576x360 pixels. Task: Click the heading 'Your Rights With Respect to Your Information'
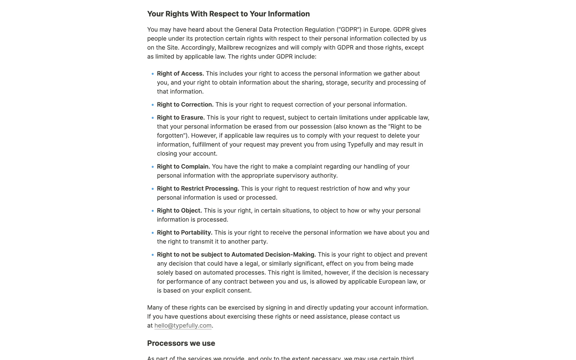click(x=228, y=14)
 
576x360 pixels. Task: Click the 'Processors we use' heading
click(x=181, y=343)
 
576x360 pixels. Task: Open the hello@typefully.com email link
click(x=183, y=326)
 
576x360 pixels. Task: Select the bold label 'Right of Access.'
click(x=180, y=74)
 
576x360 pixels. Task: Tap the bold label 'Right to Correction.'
click(x=185, y=105)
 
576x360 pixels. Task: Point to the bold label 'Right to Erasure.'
click(x=181, y=118)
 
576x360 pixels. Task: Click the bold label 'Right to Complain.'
click(x=183, y=167)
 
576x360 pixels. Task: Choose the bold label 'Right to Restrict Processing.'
click(x=198, y=189)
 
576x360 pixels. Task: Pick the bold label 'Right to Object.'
click(x=179, y=211)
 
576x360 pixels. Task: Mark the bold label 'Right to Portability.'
click(x=184, y=233)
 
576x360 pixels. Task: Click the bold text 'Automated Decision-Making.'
click(x=273, y=255)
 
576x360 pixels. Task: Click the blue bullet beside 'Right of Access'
click(x=153, y=74)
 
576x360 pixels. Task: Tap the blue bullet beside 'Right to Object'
click(x=153, y=211)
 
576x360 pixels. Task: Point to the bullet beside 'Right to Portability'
click(x=153, y=233)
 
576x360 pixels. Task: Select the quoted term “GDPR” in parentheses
click(x=349, y=30)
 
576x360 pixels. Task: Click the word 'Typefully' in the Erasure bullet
click(x=360, y=145)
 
